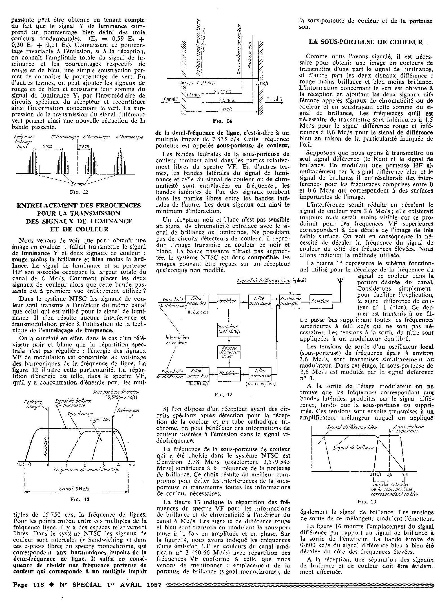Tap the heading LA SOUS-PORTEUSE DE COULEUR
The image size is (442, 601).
click(x=366, y=42)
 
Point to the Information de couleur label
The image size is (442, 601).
click(x=177, y=340)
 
